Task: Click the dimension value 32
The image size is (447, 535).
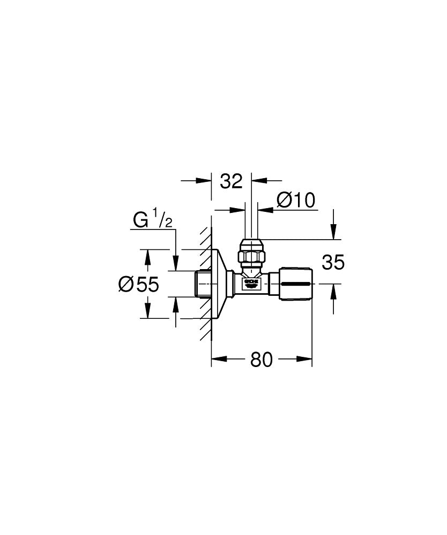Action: [231, 181]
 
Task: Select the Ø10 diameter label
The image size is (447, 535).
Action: [295, 201]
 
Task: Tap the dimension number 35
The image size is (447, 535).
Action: [333, 263]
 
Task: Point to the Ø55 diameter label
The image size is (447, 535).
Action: [139, 285]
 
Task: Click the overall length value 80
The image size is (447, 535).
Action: [262, 360]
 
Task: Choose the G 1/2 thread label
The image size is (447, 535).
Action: [153, 219]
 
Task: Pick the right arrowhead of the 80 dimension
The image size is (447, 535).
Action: [307, 360]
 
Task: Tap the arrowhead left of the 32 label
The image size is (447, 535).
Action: [206, 181]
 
